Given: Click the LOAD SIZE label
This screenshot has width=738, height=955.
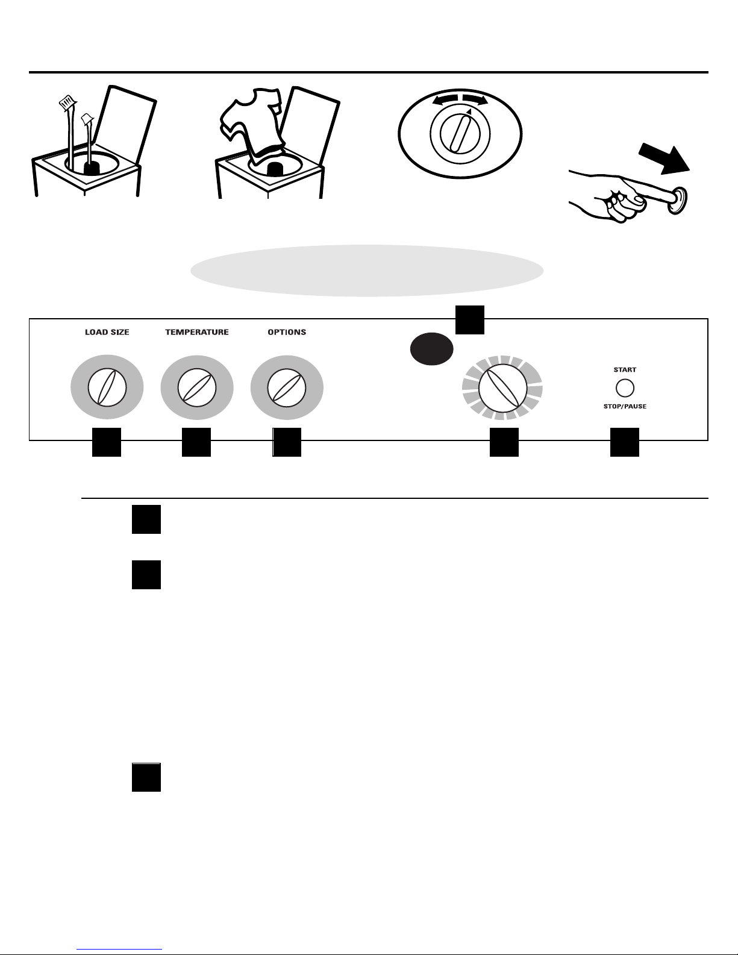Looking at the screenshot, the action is point(107,332).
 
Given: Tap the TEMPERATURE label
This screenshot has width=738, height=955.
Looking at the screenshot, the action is point(197,332).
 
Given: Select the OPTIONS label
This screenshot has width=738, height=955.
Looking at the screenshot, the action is point(287,332).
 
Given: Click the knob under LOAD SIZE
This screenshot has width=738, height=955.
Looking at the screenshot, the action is point(107,387).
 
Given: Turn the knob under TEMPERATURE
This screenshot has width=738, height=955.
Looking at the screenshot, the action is point(197,387).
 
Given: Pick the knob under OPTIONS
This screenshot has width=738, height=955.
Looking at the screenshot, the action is point(287,387).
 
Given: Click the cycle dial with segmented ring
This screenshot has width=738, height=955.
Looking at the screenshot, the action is point(502,388).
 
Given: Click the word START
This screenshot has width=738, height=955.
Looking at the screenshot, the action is point(625,369).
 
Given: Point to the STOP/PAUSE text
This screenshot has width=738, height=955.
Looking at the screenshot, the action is point(625,407).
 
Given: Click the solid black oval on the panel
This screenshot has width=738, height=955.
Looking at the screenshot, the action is point(432,348).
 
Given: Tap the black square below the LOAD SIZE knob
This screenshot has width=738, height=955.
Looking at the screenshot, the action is point(106,442).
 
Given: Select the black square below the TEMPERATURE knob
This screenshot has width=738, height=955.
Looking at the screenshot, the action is point(196,442).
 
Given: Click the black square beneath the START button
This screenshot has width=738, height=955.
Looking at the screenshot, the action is point(625,442).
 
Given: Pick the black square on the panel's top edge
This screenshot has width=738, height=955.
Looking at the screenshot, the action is point(469,320).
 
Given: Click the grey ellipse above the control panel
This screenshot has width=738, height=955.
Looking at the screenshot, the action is point(367,271).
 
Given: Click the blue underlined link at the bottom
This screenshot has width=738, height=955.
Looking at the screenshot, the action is point(119,949).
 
